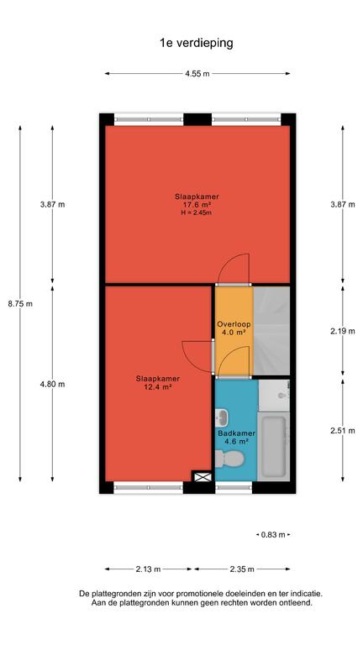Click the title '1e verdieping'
(x=197, y=43)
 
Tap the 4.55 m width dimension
(x=197, y=74)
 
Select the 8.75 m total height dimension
(x=20, y=304)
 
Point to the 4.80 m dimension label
(x=52, y=384)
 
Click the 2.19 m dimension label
(x=343, y=331)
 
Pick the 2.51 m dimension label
(x=343, y=431)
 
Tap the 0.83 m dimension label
(x=273, y=535)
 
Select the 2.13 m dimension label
(x=148, y=569)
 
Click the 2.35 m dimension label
(x=242, y=569)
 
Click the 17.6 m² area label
(x=197, y=205)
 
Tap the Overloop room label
(x=234, y=324)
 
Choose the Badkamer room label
(x=237, y=433)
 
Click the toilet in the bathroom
(x=229, y=459)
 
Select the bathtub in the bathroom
(x=274, y=446)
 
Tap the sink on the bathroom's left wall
(x=222, y=418)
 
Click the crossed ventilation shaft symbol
(x=203, y=477)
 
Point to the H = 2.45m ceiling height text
(x=197, y=212)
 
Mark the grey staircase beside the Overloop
(x=271, y=331)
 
